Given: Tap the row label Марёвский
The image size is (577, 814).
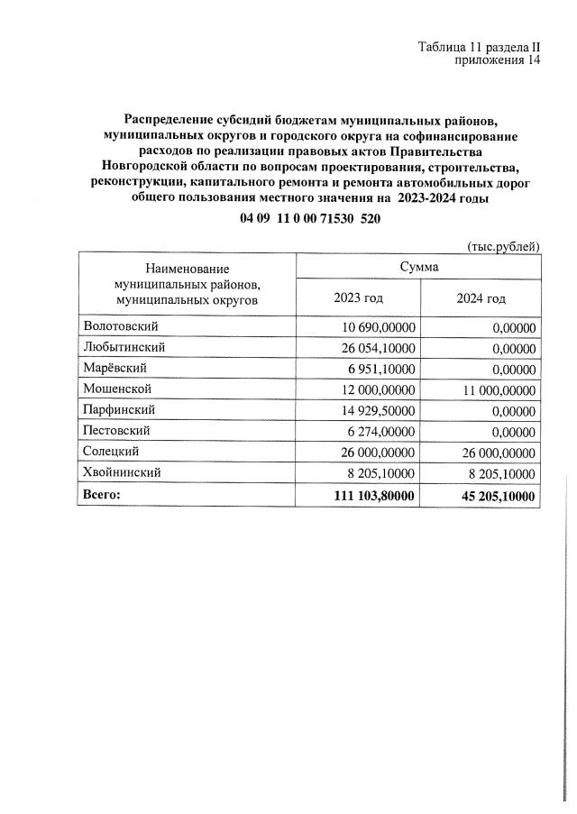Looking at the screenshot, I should [x=114, y=368].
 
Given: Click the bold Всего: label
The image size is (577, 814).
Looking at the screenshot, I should [x=101, y=495].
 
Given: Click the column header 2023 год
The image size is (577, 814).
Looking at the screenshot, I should [x=358, y=297].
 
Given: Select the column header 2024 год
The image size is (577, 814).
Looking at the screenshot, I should [x=481, y=297].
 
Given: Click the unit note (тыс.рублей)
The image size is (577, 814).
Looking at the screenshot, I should [x=502, y=245].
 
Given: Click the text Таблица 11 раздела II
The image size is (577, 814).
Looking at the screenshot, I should [x=479, y=47].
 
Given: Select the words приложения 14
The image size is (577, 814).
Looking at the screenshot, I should [x=498, y=61].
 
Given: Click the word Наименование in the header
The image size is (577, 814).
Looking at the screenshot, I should [x=187, y=268].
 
